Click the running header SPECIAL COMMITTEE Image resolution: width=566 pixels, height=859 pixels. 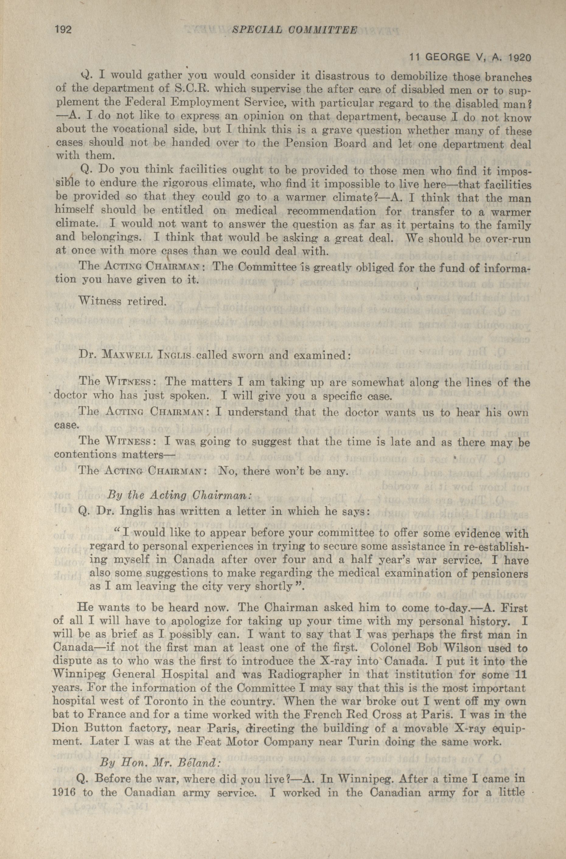(x=294, y=30)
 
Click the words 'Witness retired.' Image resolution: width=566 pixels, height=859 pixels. (x=122, y=301)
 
